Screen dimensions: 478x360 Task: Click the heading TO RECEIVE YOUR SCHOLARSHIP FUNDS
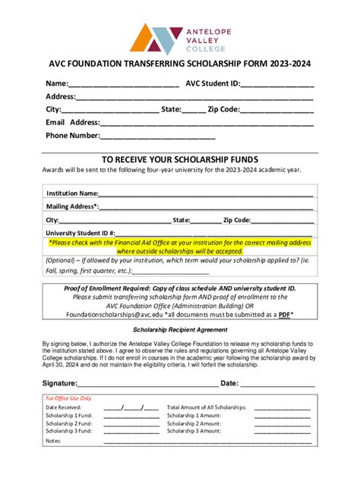(x=180, y=159)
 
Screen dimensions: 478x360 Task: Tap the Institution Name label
(x=72, y=193)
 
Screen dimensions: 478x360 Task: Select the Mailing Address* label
(x=72, y=206)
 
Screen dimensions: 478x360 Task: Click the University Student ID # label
(x=81, y=233)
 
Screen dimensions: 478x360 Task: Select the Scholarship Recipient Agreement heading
(x=180, y=330)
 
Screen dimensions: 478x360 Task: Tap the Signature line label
(x=60, y=383)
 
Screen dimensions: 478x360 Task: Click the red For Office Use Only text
(x=68, y=398)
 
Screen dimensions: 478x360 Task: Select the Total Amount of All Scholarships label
(x=207, y=407)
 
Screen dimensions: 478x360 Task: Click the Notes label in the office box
(x=53, y=441)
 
